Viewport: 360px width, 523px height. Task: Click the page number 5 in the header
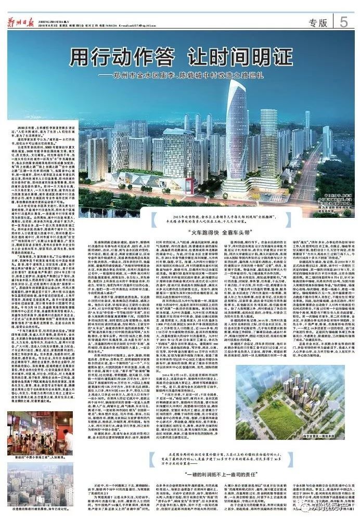pyautogui.click(x=344, y=21)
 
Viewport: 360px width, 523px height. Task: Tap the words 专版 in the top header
pyautogui.click(x=318, y=23)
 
